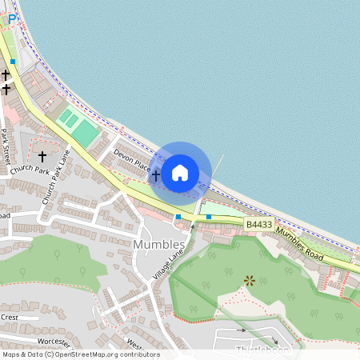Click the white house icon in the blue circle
point(180,172)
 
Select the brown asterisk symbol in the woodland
point(250,280)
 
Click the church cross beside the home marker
point(156,174)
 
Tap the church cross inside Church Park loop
point(42,156)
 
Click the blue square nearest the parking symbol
point(13,61)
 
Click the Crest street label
point(9,317)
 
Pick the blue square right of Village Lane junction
point(209,216)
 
